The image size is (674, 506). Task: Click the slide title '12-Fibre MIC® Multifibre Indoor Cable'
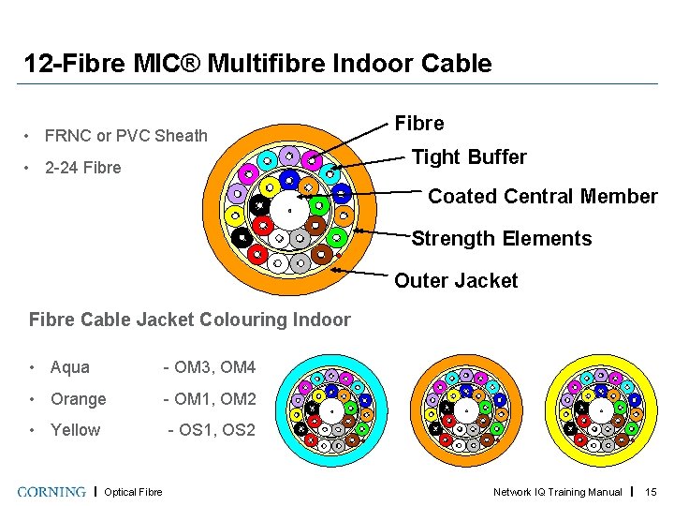pyautogui.click(x=257, y=64)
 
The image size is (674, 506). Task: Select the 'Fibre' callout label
pyautogui.click(x=418, y=123)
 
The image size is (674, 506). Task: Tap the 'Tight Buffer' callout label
pyautogui.click(x=469, y=156)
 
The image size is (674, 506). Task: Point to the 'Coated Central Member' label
pyautogui.click(x=542, y=197)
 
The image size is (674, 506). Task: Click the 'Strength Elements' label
pyautogui.click(x=502, y=238)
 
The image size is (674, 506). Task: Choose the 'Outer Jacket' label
pyautogui.click(x=456, y=280)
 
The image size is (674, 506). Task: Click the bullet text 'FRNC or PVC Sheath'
pyautogui.click(x=126, y=136)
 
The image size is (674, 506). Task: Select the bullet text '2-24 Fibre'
pyautogui.click(x=83, y=168)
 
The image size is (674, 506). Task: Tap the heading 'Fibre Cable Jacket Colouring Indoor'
pyautogui.click(x=190, y=320)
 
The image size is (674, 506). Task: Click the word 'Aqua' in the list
pyautogui.click(x=70, y=367)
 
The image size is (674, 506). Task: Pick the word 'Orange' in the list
pyautogui.click(x=79, y=399)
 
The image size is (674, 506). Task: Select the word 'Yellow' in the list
pyautogui.click(x=76, y=430)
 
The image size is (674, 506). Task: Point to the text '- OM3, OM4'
pyautogui.click(x=209, y=367)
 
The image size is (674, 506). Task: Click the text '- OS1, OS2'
pyautogui.click(x=211, y=430)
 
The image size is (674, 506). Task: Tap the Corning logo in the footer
pyautogui.click(x=51, y=491)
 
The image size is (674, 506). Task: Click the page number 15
pyautogui.click(x=651, y=492)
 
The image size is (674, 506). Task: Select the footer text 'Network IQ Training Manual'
pyautogui.click(x=558, y=492)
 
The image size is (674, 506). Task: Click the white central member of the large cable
pyautogui.click(x=289, y=210)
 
